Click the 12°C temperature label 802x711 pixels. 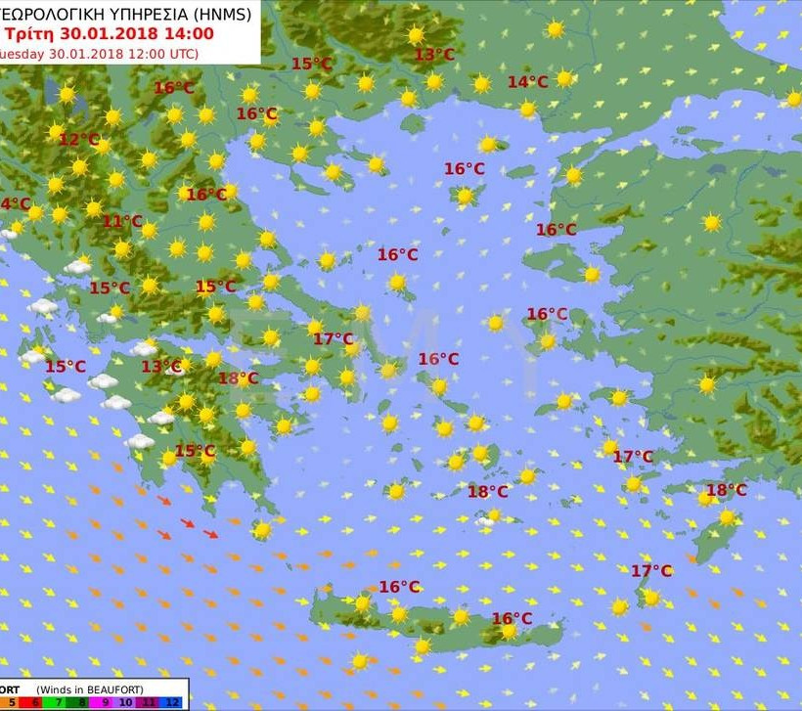click(78, 140)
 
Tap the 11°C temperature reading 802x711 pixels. click(122, 222)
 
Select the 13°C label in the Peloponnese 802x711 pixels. click(161, 367)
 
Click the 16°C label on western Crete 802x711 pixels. click(399, 587)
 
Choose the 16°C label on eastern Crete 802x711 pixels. click(512, 618)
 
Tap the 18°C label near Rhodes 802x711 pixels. click(726, 490)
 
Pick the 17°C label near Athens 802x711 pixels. click(333, 339)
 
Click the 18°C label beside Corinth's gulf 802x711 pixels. click(238, 378)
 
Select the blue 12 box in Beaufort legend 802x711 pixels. click(173, 702)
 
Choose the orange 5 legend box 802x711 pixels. click(12, 702)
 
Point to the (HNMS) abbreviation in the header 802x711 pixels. click(221, 15)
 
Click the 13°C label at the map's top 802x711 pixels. click(434, 55)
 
